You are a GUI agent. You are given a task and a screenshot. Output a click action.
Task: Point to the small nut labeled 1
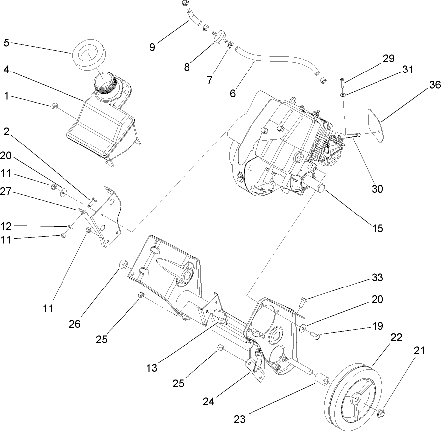[x=55, y=105]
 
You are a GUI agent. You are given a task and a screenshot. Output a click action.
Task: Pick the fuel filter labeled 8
[x=217, y=36]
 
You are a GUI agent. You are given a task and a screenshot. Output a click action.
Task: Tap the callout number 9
[x=152, y=47]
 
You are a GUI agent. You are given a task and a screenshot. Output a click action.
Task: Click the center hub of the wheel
[x=357, y=399]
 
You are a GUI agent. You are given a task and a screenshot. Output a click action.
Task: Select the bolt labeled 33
[x=304, y=300]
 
